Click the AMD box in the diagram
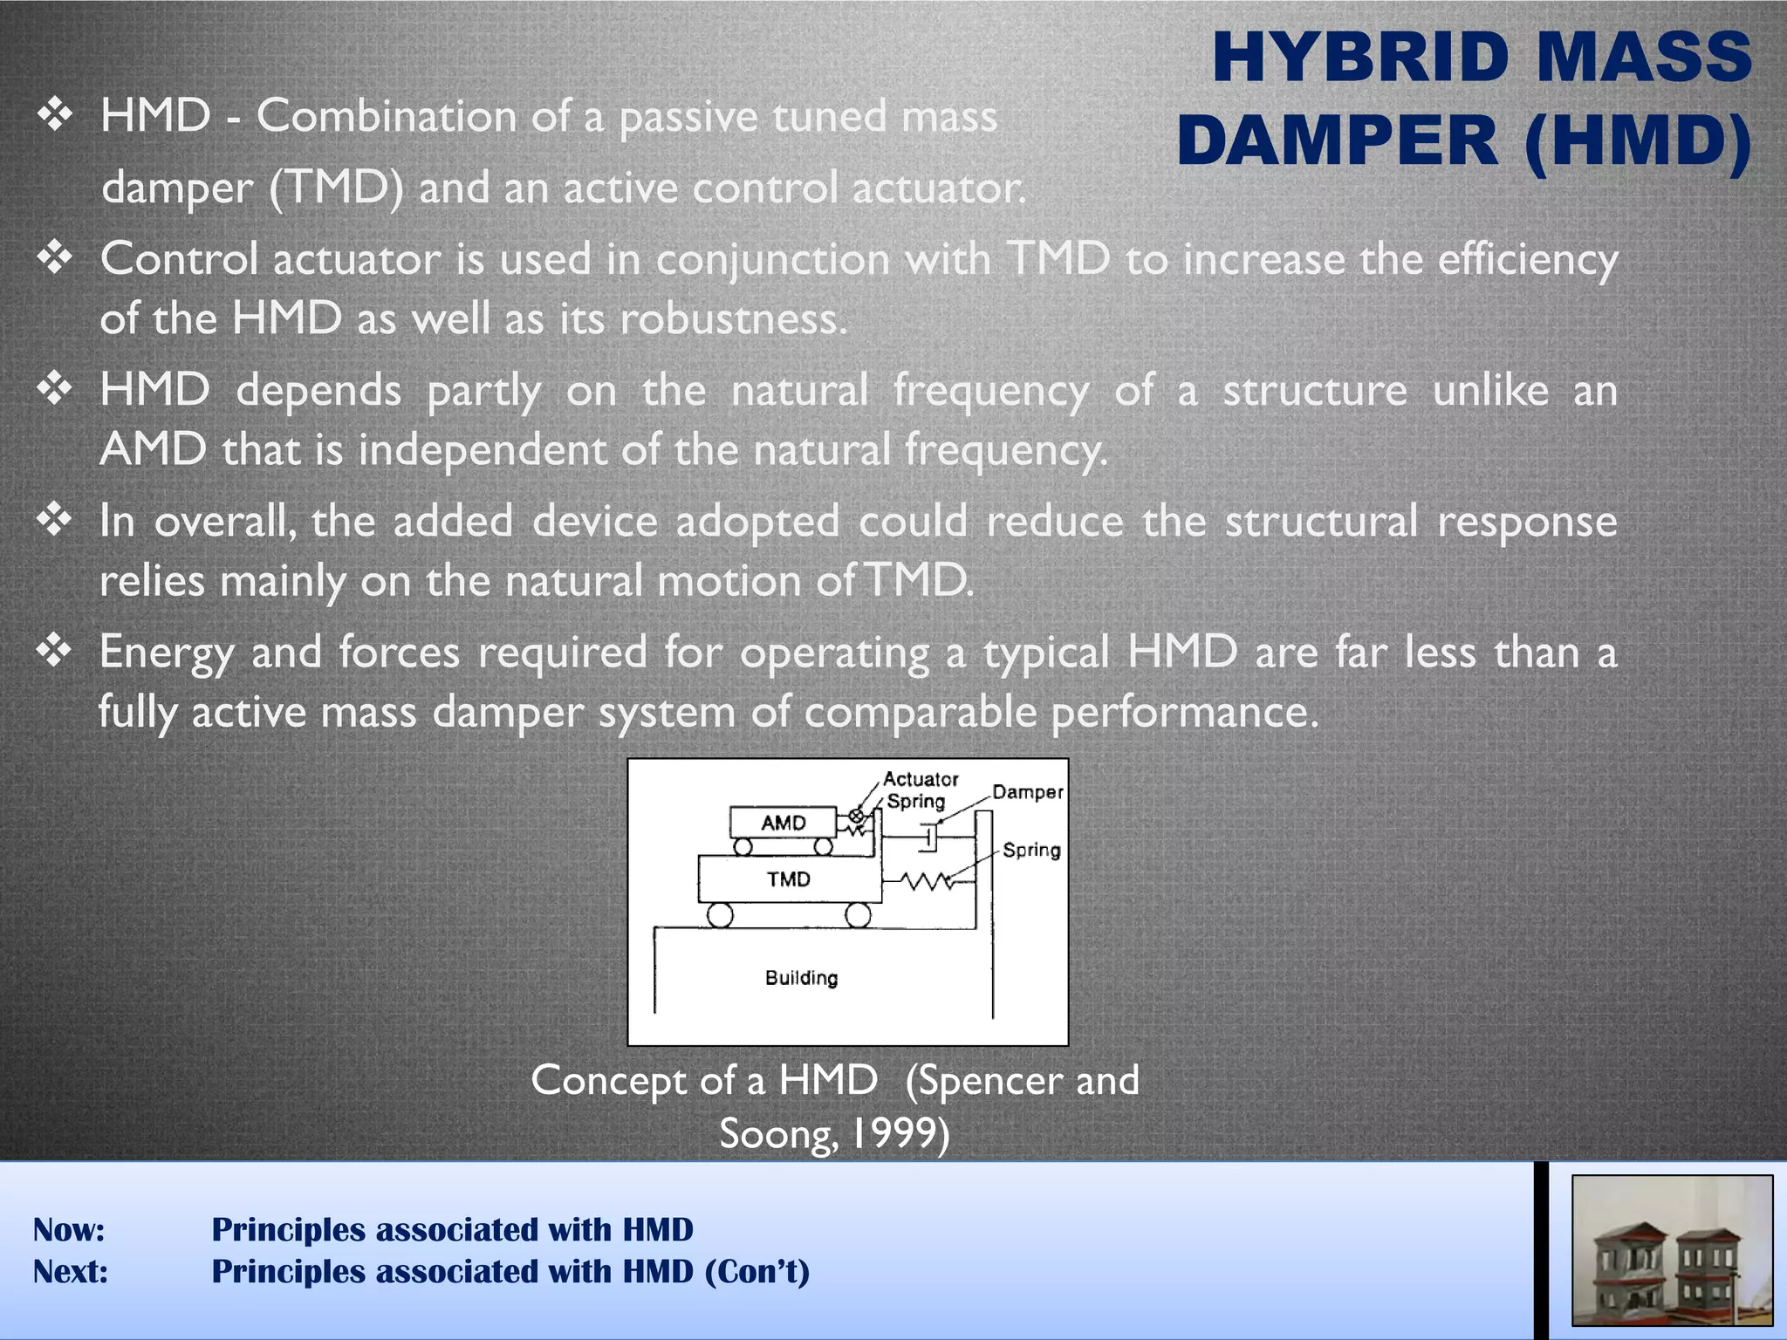coord(783,823)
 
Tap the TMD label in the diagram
coord(789,879)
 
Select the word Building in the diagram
coord(801,978)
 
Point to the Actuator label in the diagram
coord(921,779)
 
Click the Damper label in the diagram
coord(1027,792)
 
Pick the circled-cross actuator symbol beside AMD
coord(857,817)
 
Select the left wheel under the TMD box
coord(720,914)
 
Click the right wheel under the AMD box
coord(823,846)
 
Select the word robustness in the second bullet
coord(733,319)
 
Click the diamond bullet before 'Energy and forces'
coord(55,651)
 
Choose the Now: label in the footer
coord(69,1229)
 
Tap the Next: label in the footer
coord(71,1271)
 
